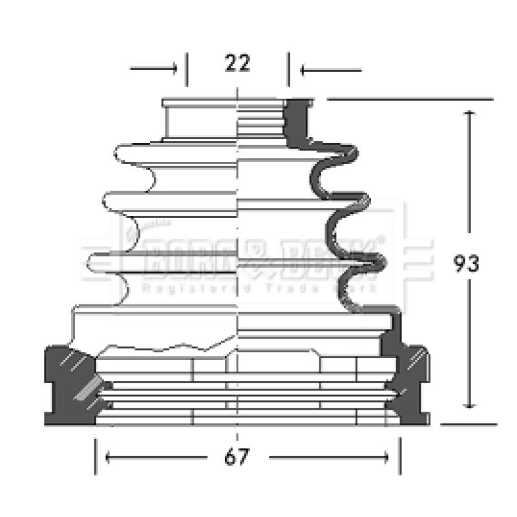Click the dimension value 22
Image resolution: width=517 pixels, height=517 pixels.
pyautogui.click(x=237, y=63)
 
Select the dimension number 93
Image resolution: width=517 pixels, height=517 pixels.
pyautogui.click(x=466, y=264)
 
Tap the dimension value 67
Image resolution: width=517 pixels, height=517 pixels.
pyautogui.click(x=237, y=458)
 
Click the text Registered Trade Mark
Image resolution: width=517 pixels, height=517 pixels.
pyautogui.click(x=258, y=288)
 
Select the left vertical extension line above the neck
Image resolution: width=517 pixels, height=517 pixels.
pyautogui.click(x=187, y=70)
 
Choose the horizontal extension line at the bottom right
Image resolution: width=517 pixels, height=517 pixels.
pyautogui.click(x=468, y=425)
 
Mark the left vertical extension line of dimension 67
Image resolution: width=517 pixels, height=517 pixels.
pyautogui.click(x=96, y=456)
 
